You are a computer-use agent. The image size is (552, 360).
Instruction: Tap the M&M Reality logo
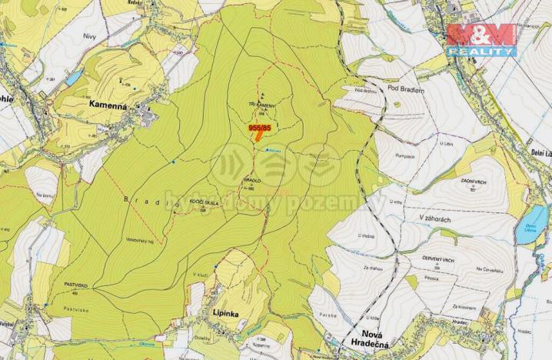point(481,39)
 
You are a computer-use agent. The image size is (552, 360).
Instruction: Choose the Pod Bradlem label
point(406,88)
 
